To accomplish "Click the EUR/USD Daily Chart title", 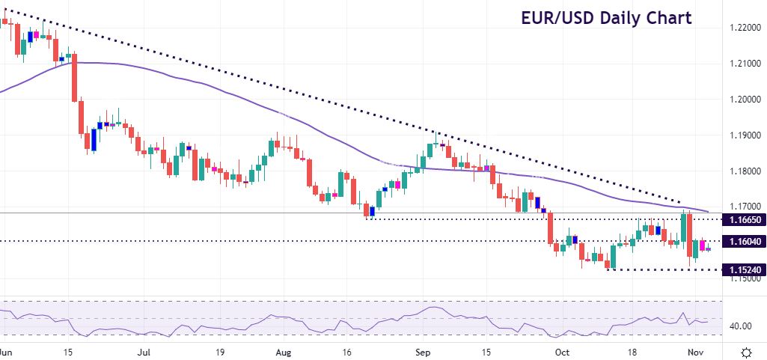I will click(607, 18).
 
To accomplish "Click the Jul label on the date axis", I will click(144, 350).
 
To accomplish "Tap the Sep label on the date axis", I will click(423, 350).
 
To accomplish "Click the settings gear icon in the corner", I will click(745, 351).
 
